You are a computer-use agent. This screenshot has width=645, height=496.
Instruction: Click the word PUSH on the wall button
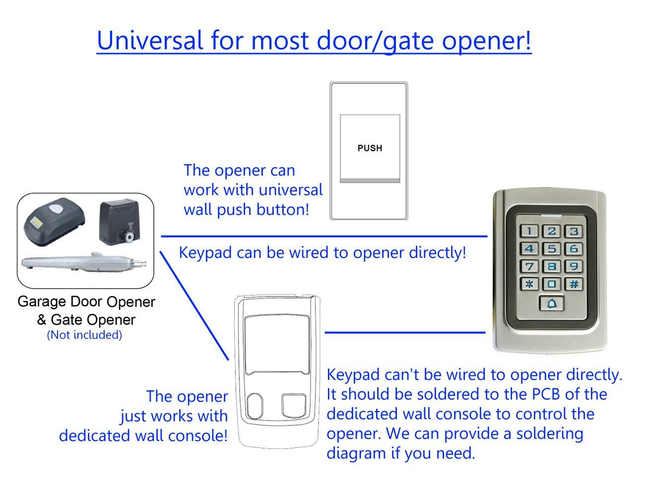[370, 148]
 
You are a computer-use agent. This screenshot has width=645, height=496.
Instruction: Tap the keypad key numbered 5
[552, 248]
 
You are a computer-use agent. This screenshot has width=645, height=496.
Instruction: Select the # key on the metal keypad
[574, 284]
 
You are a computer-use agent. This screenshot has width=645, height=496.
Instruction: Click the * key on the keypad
[529, 284]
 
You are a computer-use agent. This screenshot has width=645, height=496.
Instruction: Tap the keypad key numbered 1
[530, 231]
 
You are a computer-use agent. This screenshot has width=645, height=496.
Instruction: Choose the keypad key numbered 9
[574, 266]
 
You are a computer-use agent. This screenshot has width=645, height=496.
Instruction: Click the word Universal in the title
[150, 40]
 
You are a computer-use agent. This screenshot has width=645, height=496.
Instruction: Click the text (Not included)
[84, 335]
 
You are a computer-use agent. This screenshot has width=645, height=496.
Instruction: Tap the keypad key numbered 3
[574, 231]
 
